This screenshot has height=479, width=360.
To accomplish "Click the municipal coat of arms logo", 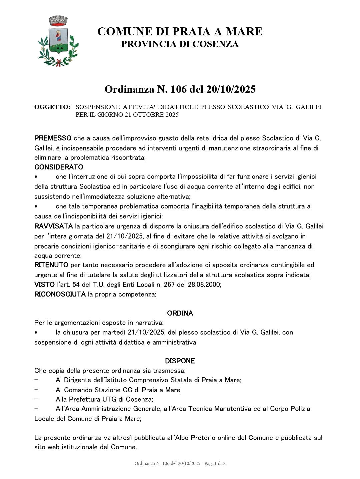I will (58, 41).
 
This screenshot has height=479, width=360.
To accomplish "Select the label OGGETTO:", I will (52, 107).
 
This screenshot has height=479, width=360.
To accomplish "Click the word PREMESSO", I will (53, 138).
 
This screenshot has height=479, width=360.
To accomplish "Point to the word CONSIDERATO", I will (59, 166).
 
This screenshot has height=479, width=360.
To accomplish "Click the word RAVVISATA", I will (53, 226).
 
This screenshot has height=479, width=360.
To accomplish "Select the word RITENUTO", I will (51, 265).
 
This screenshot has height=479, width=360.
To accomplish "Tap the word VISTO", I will (44, 285).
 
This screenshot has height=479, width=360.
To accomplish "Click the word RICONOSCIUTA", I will (60, 294).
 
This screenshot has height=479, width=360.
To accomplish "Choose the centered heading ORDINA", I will (180, 313).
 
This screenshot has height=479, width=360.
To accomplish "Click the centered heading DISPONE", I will (180, 361).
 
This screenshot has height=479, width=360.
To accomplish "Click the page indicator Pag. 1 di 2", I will (215, 463).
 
